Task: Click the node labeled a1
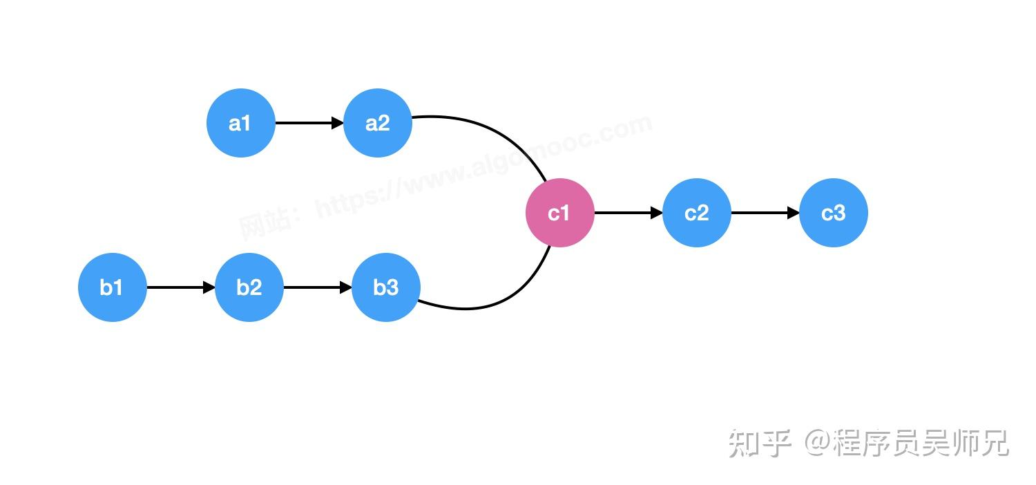click(x=241, y=123)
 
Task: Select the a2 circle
click(x=378, y=123)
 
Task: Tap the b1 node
click(x=113, y=287)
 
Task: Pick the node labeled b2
click(x=249, y=287)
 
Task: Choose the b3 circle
click(x=386, y=287)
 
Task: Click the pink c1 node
click(x=560, y=213)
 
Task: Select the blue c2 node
click(x=697, y=213)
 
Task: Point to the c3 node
click(x=834, y=213)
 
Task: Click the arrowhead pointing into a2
click(x=338, y=123)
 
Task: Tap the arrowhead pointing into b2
click(x=209, y=287)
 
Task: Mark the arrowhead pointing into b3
click(x=346, y=287)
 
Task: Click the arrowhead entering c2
click(x=657, y=213)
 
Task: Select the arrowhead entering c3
click(x=793, y=213)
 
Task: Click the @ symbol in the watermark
click(x=818, y=442)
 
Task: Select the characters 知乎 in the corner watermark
click(x=760, y=443)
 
